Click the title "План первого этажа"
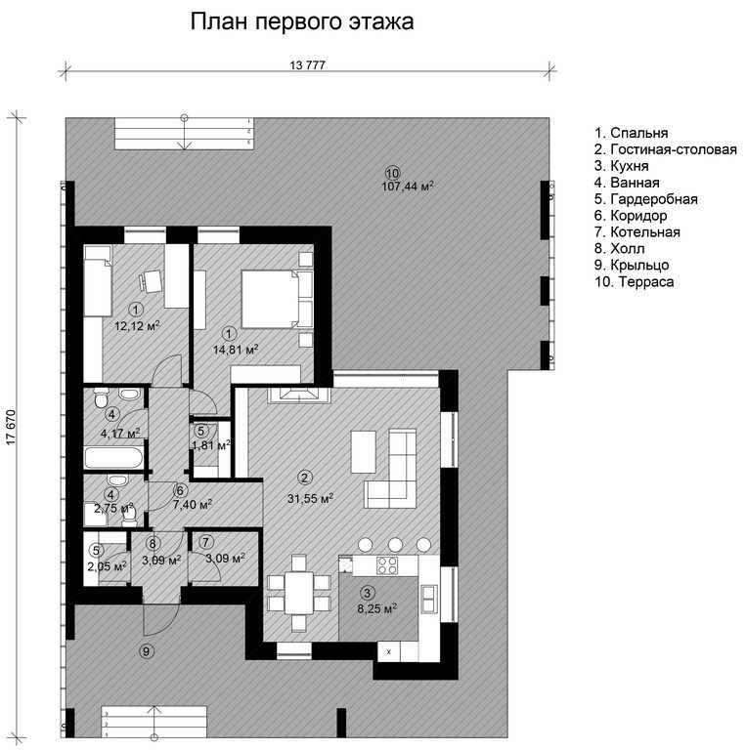click(302, 22)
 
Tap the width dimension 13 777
click(307, 65)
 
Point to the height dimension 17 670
click(11, 427)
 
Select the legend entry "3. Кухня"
click(622, 166)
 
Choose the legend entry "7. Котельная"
click(636, 232)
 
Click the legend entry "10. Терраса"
click(634, 281)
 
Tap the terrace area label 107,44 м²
click(408, 187)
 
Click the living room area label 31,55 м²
click(310, 498)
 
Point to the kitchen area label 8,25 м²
click(377, 609)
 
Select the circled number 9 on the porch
click(147, 651)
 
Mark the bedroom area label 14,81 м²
click(236, 350)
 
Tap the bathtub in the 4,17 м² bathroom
click(114, 459)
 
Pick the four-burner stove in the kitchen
click(387, 565)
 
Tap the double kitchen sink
click(428, 599)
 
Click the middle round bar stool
click(395, 544)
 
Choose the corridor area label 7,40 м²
click(193, 504)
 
